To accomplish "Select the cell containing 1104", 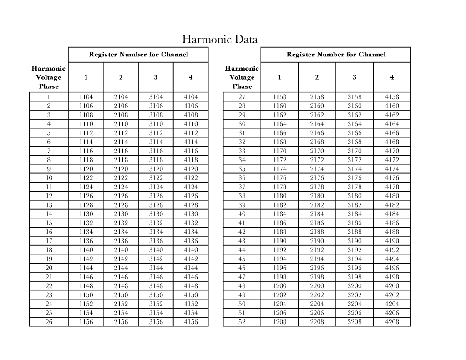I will coord(86,97).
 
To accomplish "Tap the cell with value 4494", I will coord(392,259).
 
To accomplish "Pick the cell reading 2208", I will coord(317,322).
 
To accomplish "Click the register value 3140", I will coord(156,250).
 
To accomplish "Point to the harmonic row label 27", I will coord(242,97).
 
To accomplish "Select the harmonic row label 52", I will coord(242,322).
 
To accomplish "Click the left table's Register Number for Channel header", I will coord(138,55).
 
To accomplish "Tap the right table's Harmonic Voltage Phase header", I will coord(242,77).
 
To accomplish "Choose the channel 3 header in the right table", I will coord(354,77).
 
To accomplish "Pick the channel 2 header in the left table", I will coord(121,77).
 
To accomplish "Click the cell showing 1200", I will coord(279,286).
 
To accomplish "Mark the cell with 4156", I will coord(191,322).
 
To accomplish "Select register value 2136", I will coord(121,241).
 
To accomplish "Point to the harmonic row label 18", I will coord(49,250).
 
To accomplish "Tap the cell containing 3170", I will coord(354,151).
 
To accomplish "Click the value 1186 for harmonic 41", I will coord(279,223).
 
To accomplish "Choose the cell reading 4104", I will coord(191,97).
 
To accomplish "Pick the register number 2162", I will coord(317,115).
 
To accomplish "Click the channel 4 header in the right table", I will coord(392,77).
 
